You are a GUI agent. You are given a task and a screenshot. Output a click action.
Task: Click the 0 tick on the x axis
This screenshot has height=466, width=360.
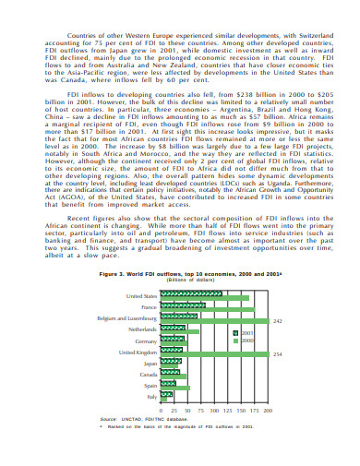click(162, 410)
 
